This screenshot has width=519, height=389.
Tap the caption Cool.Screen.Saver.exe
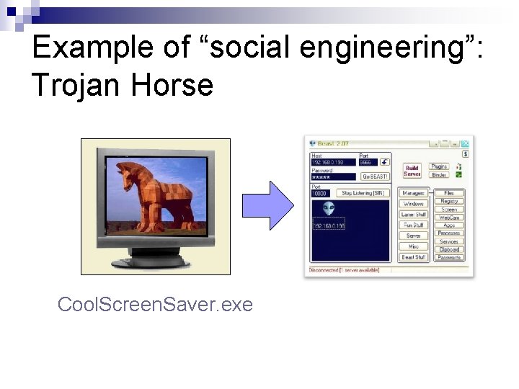pyautogui.click(x=155, y=305)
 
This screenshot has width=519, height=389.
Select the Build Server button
pyautogui.click(x=412, y=171)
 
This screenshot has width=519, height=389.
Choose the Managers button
pyautogui.click(x=413, y=193)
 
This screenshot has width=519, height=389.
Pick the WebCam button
pyautogui.click(x=449, y=218)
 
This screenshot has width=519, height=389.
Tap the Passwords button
pyautogui.click(x=449, y=257)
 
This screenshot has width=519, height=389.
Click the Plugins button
pyautogui.click(x=439, y=166)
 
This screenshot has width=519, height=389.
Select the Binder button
pyautogui.click(x=439, y=175)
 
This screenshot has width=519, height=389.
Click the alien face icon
pyautogui.click(x=329, y=208)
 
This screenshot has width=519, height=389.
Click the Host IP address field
pyautogui.click(x=333, y=163)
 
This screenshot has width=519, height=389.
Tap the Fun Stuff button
pyautogui.click(x=413, y=225)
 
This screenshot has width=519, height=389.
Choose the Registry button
pyautogui.click(x=449, y=202)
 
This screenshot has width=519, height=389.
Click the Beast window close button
pyautogui.click(x=466, y=143)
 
